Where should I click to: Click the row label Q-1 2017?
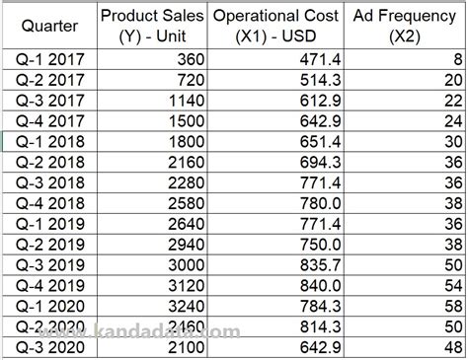(49, 59)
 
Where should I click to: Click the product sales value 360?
(188, 59)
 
